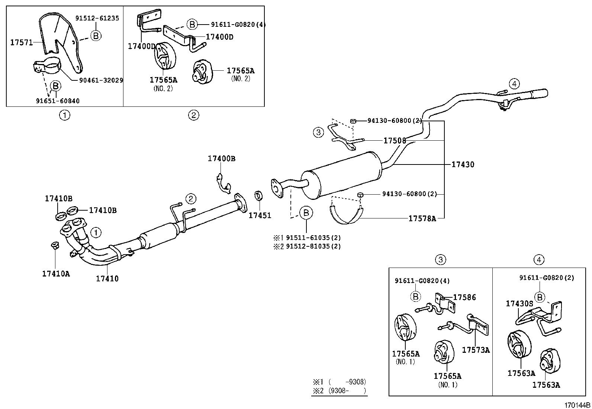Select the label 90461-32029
(101, 80)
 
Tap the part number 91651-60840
(58, 101)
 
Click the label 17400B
(221, 159)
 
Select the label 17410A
(56, 274)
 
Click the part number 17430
(463, 164)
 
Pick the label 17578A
(422, 218)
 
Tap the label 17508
(395, 141)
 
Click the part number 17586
(464, 297)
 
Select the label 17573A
(476, 350)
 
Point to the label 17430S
(519, 304)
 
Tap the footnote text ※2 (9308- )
(339, 391)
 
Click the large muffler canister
(342, 175)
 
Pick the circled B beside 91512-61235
(96, 35)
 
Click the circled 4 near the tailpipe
(514, 84)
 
